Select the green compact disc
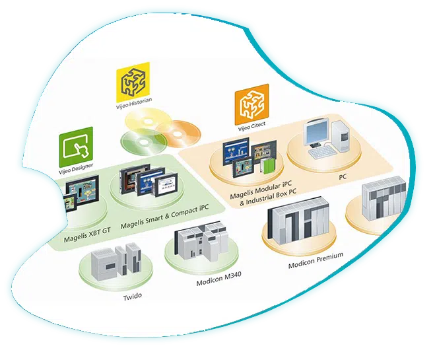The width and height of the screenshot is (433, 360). [135, 141]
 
